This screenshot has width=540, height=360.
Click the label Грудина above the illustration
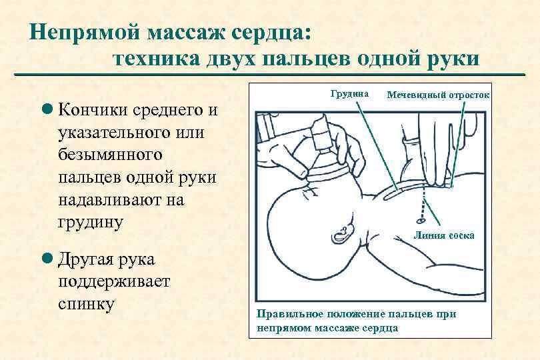coord(349,95)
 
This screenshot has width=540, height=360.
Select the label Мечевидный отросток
coord(438,95)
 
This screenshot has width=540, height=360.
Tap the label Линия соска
coord(445,235)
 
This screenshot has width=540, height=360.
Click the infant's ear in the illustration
coord(343,233)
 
